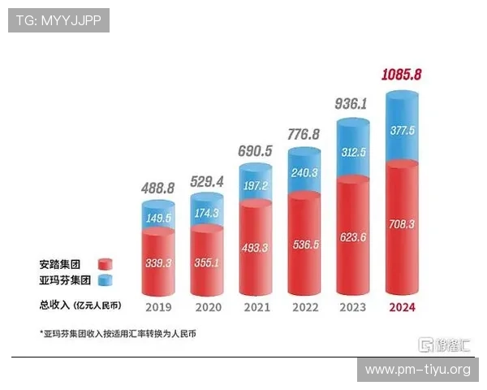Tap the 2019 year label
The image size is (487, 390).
point(157,306)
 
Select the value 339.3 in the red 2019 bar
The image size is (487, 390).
point(158,264)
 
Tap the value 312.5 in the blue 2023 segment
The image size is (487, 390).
point(356,152)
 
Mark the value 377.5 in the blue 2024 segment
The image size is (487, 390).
point(405,130)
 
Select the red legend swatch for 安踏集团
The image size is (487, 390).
point(104,264)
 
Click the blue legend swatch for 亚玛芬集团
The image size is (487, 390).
point(104,280)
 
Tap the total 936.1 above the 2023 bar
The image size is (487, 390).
point(355,104)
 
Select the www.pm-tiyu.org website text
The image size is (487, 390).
point(418,370)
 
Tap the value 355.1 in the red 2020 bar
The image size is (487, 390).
point(207,264)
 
